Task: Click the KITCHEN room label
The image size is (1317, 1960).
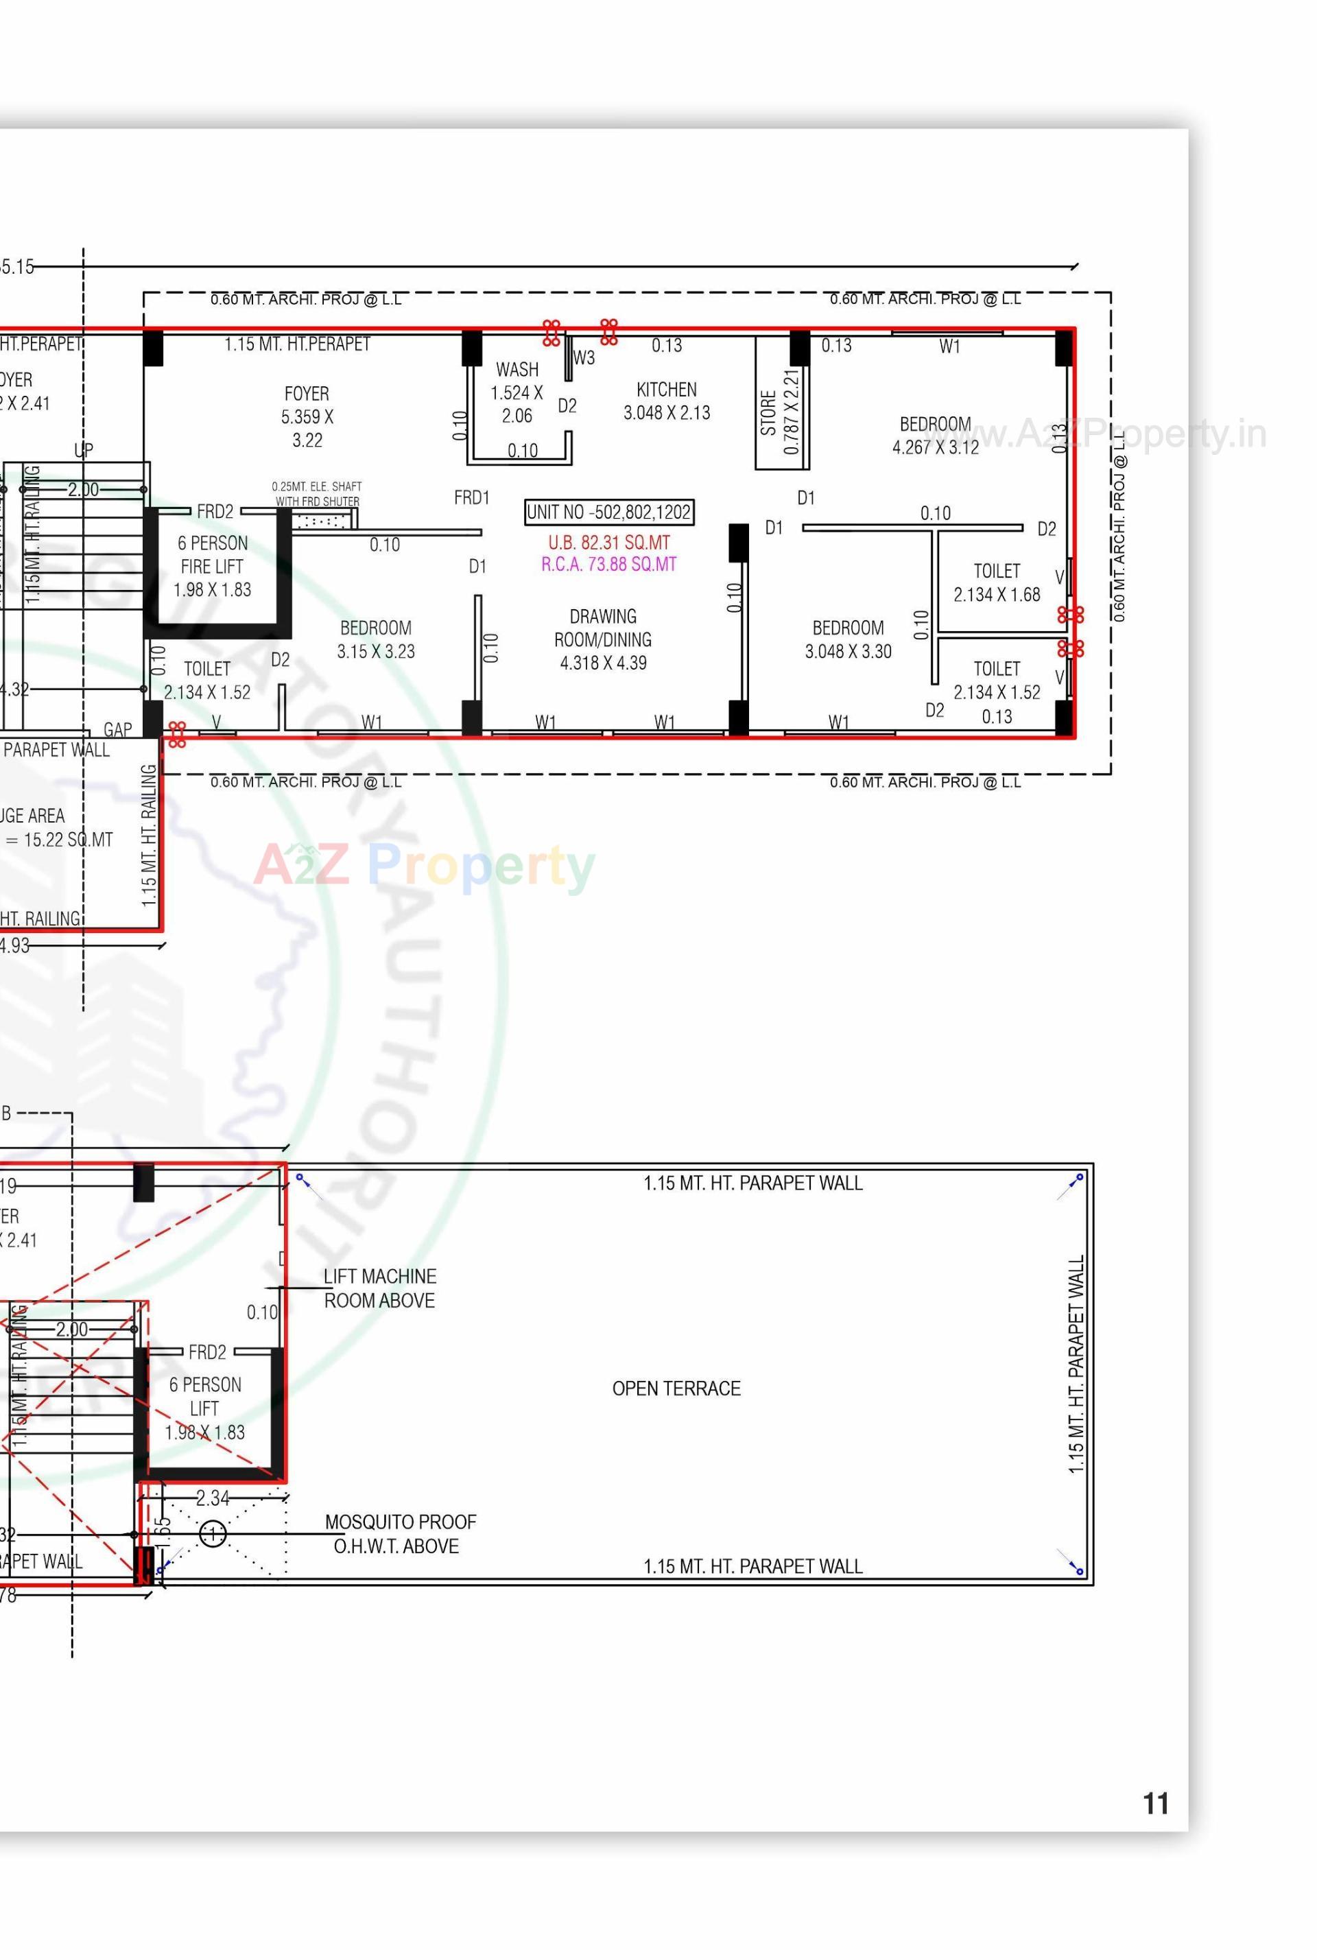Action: coord(666,401)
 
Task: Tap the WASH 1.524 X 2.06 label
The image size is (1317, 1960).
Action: coord(517,392)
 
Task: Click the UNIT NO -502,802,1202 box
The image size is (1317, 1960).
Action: coord(609,512)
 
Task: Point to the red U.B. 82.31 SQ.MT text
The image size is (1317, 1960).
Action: coord(609,543)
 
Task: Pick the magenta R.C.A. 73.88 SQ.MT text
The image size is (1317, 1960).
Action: coord(609,565)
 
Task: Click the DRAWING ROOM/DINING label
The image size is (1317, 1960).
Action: coord(603,639)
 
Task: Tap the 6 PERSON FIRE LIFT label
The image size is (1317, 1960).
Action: coord(213,566)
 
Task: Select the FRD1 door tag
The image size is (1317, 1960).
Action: coord(471,497)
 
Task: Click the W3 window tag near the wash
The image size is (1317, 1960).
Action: coord(584,358)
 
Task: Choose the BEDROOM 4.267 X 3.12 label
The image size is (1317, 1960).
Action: coord(935,435)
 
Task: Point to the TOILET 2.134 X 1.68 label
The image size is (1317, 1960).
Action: coord(996,582)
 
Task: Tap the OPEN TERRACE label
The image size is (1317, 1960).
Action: coord(676,1389)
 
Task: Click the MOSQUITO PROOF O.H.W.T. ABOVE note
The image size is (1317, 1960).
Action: coord(399,1533)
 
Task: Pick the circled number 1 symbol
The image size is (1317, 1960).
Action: coord(213,1534)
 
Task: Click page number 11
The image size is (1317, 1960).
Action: coord(1156,1803)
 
